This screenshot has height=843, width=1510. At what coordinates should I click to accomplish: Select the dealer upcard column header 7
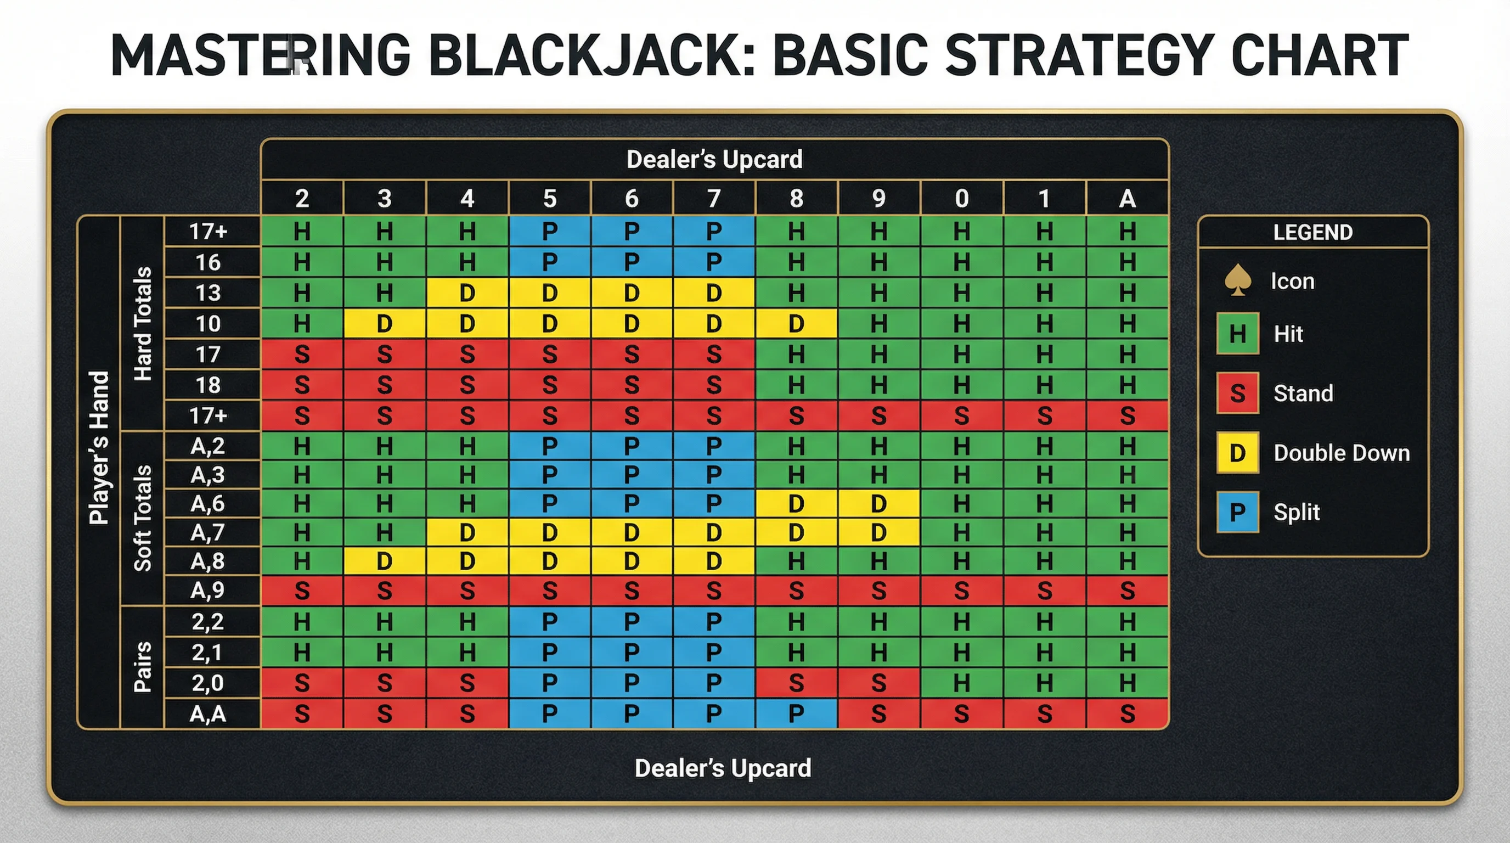713,199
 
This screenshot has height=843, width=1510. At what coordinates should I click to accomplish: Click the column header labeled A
1126,199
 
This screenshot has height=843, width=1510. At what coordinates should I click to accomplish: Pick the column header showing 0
961,199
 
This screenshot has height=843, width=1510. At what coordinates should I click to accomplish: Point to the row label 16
208,262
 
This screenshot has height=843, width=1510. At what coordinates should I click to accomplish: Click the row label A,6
208,504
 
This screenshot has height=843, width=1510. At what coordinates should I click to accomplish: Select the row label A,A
208,714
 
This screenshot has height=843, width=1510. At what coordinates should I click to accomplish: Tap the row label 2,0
208,683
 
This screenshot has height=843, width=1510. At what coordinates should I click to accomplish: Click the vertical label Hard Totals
143,324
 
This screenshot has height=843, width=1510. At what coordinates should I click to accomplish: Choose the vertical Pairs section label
143,667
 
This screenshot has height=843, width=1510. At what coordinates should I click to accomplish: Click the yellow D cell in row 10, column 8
796,324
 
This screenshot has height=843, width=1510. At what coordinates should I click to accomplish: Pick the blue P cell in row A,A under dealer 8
796,714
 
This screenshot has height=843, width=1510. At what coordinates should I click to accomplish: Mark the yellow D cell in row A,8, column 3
384,561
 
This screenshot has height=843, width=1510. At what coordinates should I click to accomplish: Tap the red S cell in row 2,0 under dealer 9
878,683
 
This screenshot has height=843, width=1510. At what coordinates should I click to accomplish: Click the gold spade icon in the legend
1237,280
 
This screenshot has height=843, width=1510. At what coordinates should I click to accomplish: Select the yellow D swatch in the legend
1237,453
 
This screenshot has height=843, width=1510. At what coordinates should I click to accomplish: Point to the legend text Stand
1303,393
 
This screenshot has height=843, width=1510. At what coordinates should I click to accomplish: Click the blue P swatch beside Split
1237,512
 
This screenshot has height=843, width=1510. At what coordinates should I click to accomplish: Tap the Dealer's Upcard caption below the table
723,768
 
